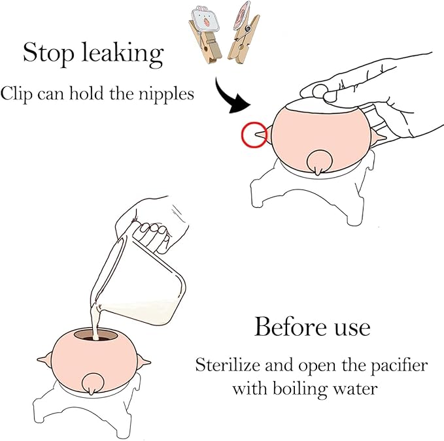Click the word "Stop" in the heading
(x=48, y=53)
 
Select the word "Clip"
(x=17, y=94)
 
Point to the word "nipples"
(x=166, y=94)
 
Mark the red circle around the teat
(x=241, y=135)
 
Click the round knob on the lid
(x=320, y=91)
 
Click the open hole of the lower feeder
(x=95, y=335)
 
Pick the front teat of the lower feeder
(x=91, y=384)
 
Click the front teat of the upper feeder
(x=319, y=163)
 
